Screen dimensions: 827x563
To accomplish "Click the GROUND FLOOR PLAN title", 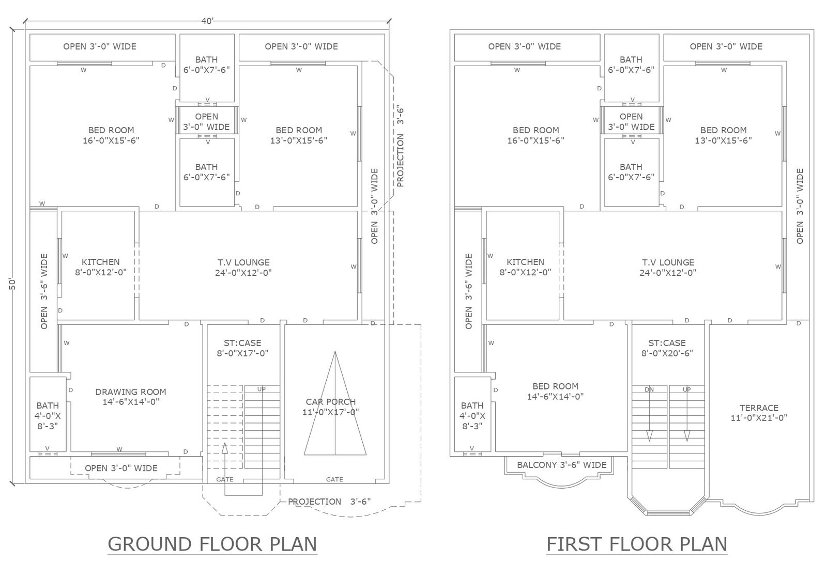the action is (212, 544).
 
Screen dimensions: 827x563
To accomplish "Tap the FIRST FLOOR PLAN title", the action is (637, 544).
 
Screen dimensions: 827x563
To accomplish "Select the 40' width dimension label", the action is (207, 21).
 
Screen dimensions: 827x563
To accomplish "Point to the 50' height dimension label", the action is (12, 284).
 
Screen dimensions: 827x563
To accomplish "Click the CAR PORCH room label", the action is (330, 406).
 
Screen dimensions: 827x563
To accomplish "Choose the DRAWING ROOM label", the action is (131, 397).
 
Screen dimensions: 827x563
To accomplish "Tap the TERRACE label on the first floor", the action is (759, 413).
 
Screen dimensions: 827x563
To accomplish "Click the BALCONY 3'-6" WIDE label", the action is (561, 465).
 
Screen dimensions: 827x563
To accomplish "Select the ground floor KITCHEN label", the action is (101, 267).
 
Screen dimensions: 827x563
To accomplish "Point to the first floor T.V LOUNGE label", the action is (668, 267).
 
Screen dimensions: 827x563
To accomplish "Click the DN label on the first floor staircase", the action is (649, 389).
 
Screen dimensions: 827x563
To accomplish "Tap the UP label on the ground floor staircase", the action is (262, 389).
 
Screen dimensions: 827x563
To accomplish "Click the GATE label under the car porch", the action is (334, 479).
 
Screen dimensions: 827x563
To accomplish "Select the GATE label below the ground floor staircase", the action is (225, 479).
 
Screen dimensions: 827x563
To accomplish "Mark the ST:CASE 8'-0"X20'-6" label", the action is (667, 348).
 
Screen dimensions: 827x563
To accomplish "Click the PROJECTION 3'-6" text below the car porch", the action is (329, 502).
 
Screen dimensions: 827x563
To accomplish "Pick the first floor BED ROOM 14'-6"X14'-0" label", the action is (555, 391).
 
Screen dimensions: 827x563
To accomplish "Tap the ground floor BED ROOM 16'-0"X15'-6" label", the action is (111, 135).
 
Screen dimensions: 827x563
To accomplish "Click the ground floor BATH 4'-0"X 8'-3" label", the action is (48, 416).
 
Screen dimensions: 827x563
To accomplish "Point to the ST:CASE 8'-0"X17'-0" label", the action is (242, 348).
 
